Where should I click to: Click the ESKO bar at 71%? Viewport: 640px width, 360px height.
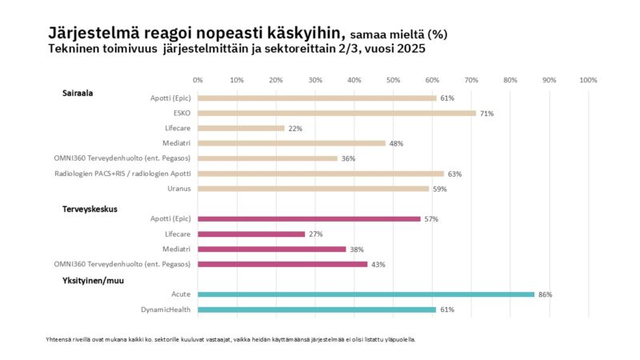(x=336, y=114)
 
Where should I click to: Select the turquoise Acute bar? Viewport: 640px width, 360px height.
(x=365, y=294)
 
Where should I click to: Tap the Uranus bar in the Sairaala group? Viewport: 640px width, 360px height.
(x=313, y=189)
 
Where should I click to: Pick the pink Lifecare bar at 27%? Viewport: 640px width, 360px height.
(x=250, y=234)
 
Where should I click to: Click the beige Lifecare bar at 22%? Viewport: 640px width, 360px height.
(x=240, y=128)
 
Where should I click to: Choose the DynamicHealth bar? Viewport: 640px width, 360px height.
(x=316, y=310)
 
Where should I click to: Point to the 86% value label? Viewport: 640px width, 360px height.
(x=545, y=294)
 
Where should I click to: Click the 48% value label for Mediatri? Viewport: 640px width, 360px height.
(x=396, y=143)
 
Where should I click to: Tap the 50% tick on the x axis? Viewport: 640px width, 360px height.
(x=393, y=80)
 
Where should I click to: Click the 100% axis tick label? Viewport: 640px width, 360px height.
(x=588, y=80)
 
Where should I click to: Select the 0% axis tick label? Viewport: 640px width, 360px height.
(x=198, y=80)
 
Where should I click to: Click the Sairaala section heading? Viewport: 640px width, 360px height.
(x=78, y=93)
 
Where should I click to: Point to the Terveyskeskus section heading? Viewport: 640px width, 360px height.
(x=90, y=209)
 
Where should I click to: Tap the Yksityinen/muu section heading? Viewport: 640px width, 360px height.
(x=94, y=280)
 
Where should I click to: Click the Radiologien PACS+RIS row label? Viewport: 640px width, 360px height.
(x=123, y=174)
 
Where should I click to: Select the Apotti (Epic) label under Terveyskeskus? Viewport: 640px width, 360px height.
(x=171, y=218)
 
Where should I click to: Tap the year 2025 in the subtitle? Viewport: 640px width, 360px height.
(x=407, y=49)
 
